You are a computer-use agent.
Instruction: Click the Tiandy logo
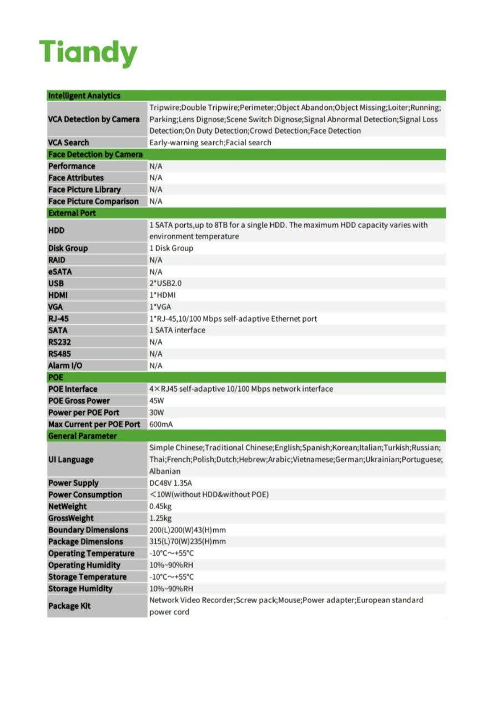tap(88, 54)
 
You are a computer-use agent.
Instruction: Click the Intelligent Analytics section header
tap(84, 95)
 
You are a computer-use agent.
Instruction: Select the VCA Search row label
tap(68, 143)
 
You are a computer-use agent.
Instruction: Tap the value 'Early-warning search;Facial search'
tap(210, 143)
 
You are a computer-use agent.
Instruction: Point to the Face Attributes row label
tap(76, 177)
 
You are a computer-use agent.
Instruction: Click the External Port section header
tap(72, 213)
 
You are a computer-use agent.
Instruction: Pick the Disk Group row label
tap(68, 248)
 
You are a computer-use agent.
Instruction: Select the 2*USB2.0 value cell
tap(165, 283)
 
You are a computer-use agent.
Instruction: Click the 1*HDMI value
tap(163, 295)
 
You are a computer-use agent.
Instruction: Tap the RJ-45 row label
tap(58, 318)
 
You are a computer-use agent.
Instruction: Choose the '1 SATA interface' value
tap(177, 330)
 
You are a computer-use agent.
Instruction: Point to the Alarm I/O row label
tap(65, 366)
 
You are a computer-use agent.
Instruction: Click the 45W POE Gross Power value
tap(157, 400)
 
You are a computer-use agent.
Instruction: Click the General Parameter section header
tap(82, 436)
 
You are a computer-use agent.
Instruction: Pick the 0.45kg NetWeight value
tap(160, 506)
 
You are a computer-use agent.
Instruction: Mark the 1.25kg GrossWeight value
tap(160, 518)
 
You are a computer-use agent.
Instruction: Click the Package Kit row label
tap(69, 606)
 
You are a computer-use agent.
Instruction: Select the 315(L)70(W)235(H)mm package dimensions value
tap(188, 541)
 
